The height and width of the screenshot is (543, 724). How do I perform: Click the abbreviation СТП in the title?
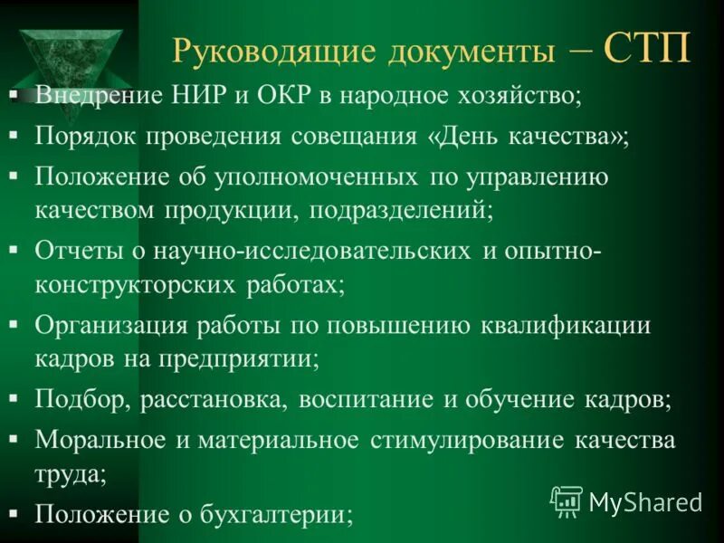click(647, 48)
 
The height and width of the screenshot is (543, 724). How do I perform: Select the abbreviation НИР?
click(185, 95)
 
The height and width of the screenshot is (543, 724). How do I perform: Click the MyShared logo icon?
click(567, 500)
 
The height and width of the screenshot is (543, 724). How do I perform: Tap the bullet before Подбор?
click(14, 400)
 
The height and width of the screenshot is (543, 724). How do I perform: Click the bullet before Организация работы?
click(14, 326)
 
